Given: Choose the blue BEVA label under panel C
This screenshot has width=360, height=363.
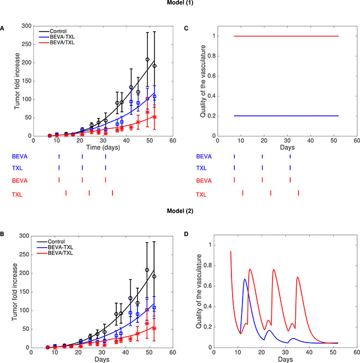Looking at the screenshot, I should click(x=203, y=157).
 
